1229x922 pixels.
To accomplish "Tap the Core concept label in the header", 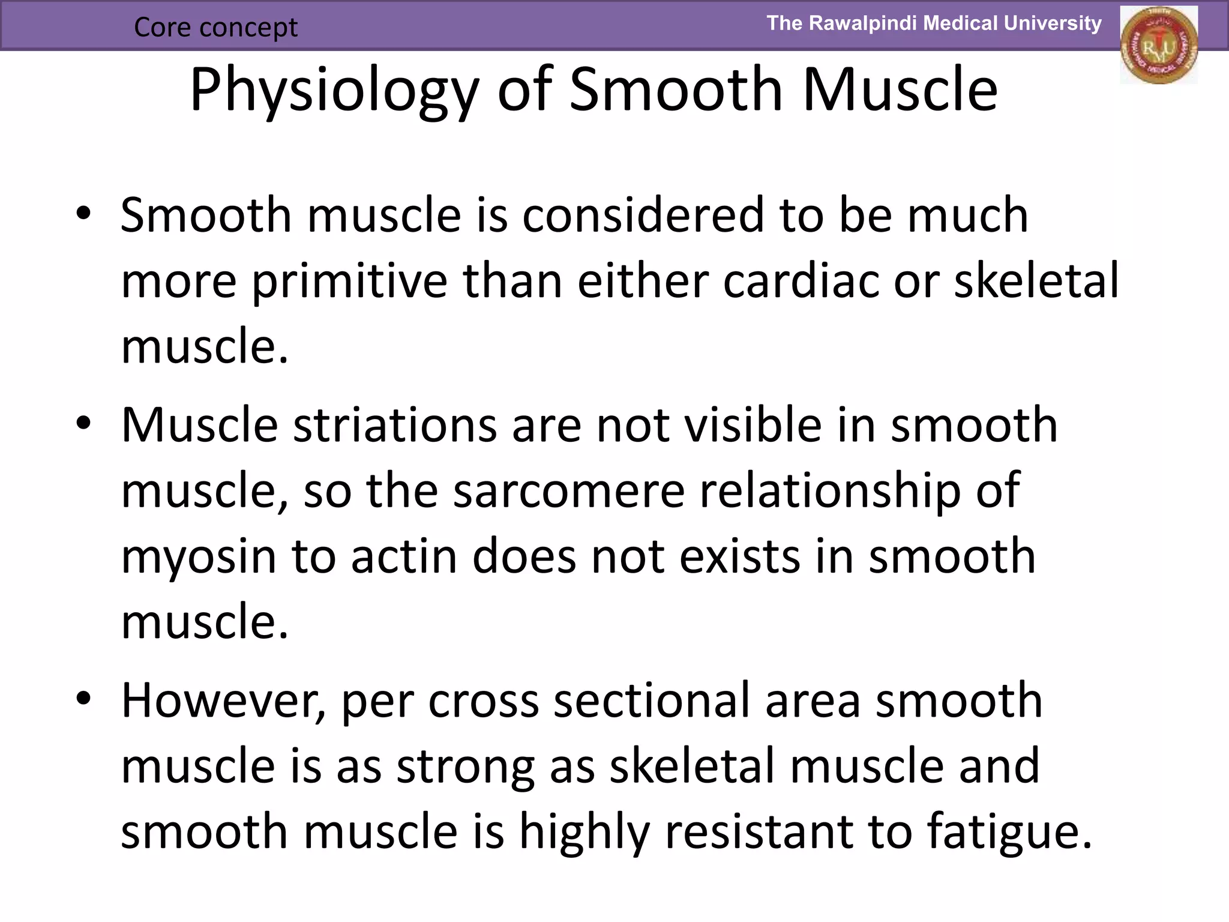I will point(215,27).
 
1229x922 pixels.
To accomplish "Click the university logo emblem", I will point(1158,46).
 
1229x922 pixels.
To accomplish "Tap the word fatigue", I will point(1009,833).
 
